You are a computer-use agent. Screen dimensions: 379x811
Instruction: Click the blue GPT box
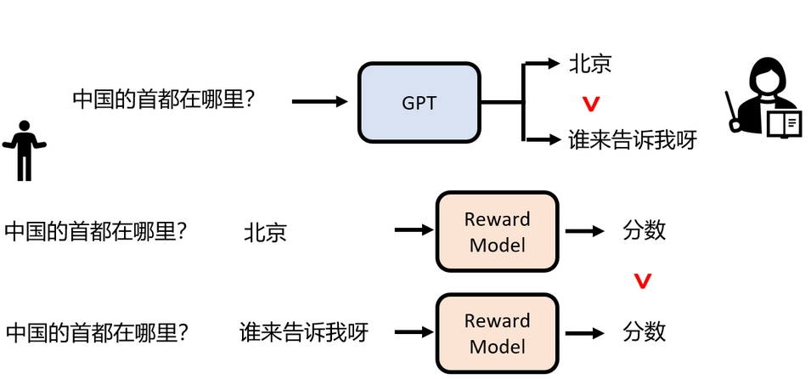[x=419, y=103]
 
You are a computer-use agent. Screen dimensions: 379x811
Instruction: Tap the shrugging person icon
[x=24, y=150]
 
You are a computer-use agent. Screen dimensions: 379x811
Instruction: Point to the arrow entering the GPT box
[x=319, y=102]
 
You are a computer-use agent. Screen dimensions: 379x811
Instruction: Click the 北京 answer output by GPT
[x=590, y=63]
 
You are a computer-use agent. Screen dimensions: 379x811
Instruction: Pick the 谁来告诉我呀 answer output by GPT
[x=632, y=140]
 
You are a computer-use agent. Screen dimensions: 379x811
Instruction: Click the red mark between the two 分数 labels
[x=643, y=279]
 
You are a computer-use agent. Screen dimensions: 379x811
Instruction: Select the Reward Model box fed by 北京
[x=497, y=232]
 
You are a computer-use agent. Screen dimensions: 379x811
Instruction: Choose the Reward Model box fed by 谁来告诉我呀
[x=497, y=333]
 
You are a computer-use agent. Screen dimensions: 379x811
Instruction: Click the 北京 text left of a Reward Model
[x=265, y=232]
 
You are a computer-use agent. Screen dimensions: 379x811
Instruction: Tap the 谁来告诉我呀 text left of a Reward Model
[x=304, y=332]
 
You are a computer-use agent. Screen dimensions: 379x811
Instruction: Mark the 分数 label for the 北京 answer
[x=644, y=230]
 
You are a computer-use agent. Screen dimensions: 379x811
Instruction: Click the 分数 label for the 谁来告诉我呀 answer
[x=644, y=331]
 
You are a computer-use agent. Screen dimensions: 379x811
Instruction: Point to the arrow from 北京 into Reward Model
[x=414, y=230]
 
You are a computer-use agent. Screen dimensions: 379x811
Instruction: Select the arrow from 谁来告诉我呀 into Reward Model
[x=414, y=331]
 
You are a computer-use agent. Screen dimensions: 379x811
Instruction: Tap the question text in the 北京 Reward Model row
[x=95, y=231]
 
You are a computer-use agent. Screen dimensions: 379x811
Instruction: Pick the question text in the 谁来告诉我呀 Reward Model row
[x=95, y=332]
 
